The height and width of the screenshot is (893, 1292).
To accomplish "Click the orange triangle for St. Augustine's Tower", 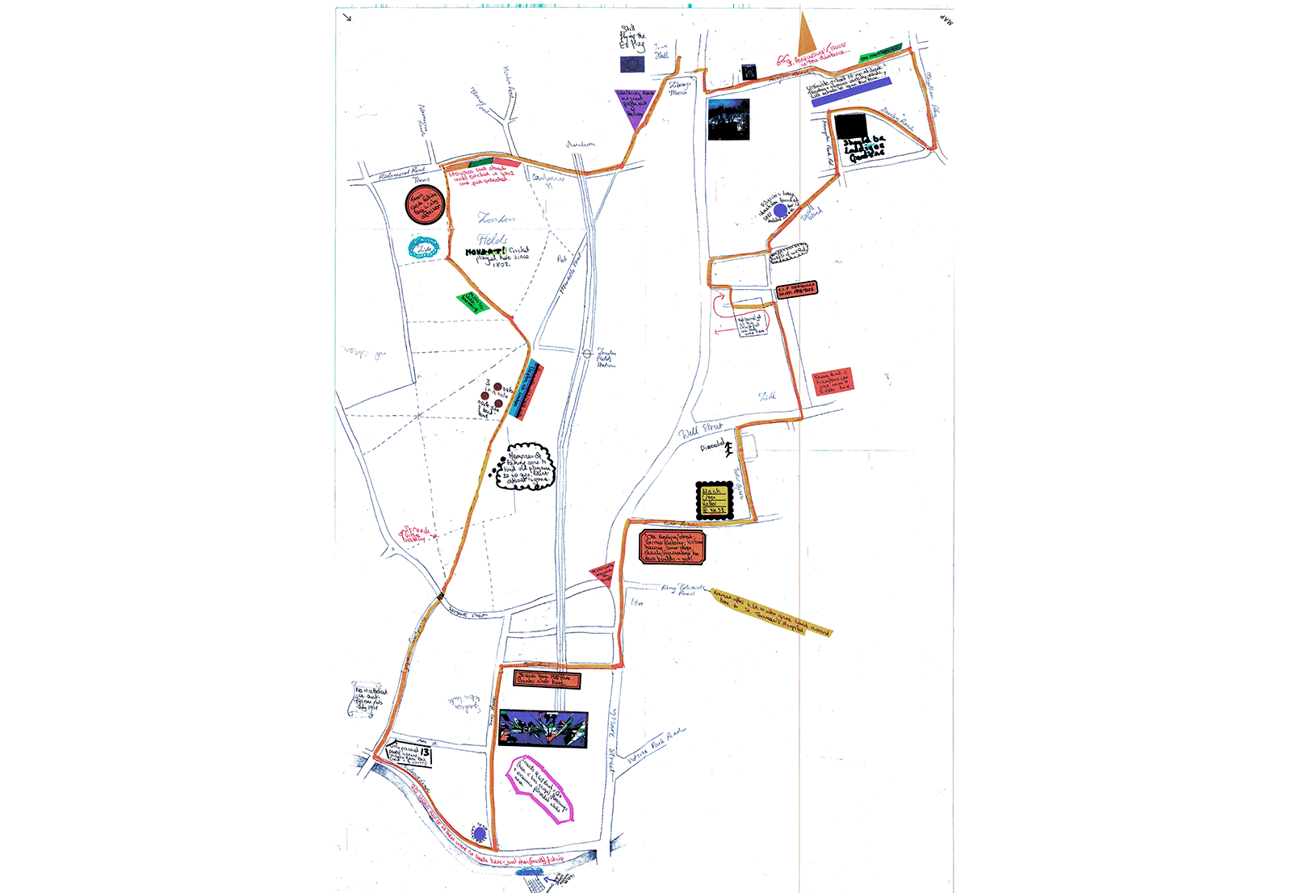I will tap(805, 38).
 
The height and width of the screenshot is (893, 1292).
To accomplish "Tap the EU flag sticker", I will tap(632, 64).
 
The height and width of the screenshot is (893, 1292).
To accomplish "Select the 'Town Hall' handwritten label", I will tap(661, 52).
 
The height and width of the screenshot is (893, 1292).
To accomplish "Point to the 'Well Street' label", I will tap(700, 430).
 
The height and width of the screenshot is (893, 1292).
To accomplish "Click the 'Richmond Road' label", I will tap(401, 171).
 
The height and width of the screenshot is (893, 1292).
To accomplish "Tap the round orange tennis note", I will tap(425, 205).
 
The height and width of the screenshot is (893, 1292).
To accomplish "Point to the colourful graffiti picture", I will tap(543, 728).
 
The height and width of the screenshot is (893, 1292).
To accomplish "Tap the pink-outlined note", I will tap(539, 789).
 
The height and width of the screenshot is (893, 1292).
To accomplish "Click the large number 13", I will tap(425, 753).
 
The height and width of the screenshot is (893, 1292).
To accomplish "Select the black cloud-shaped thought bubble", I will tap(530, 467).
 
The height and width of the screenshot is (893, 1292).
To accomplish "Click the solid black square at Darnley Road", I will tap(850, 126).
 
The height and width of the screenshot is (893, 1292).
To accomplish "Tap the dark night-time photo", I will tap(728, 119).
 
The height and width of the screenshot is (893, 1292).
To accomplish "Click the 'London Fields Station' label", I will tap(606, 358).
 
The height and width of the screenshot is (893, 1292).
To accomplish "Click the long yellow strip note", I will tap(771, 612).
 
